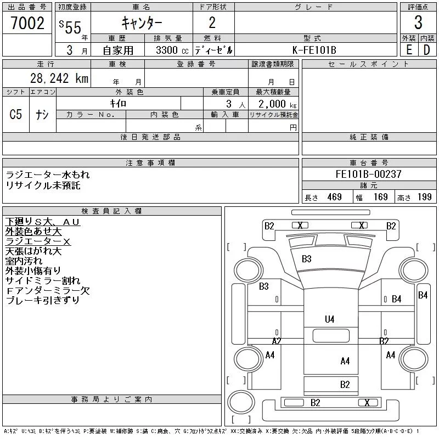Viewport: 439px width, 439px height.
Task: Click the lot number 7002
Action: coord(27,23)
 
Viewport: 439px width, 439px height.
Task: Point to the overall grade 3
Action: coord(418,23)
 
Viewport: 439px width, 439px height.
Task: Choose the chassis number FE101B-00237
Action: coord(368,175)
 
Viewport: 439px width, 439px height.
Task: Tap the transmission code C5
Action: coord(16,115)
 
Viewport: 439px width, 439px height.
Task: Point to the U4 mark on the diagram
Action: coord(329,319)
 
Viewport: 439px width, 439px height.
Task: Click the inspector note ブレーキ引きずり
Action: coord(43,300)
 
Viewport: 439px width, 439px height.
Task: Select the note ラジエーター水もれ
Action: coord(48,175)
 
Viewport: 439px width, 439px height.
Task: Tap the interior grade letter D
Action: coord(426,50)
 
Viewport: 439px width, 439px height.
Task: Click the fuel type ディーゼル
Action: coord(213,50)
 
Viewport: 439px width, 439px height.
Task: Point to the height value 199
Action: coord(424,197)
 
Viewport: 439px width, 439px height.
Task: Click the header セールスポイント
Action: coord(368,64)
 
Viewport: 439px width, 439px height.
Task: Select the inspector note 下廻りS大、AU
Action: coord(43,221)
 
